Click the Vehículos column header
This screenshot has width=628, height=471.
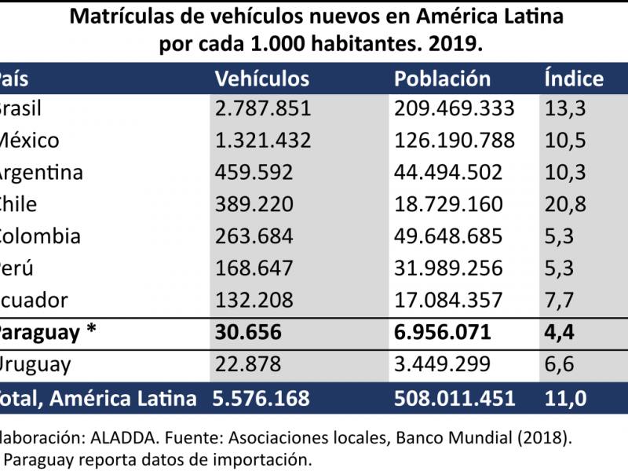coord(262,78)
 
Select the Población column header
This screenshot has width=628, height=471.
coord(442,78)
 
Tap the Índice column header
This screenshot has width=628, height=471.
coord(574,78)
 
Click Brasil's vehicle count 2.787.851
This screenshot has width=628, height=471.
coord(263,108)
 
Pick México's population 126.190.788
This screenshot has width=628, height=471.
coord(454,141)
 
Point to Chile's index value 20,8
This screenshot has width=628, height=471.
coord(564,204)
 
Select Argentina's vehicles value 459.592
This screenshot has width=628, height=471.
coord(254,173)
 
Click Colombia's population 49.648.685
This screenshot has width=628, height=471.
coord(448,236)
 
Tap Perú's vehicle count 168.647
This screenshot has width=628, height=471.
coord(254,268)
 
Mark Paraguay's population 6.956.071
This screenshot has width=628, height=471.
coord(443,332)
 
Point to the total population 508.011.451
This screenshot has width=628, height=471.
coord(455,398)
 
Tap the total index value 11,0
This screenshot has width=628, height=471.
coord(564,398)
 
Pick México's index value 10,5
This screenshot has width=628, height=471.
coord(564,141)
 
